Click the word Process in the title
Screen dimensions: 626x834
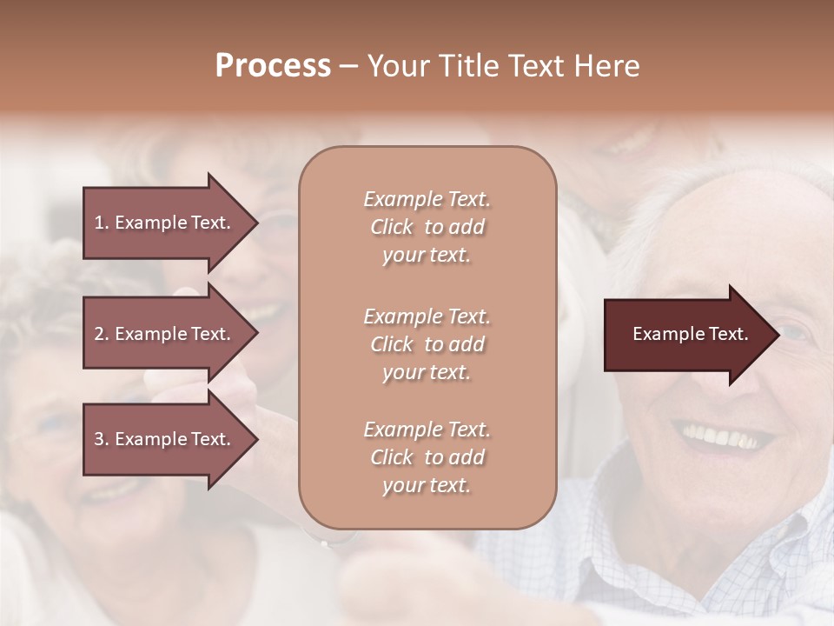[x=273, y=66]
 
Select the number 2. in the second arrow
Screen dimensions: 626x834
[x=102, y=334]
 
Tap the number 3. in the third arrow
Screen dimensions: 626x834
[x=102, y=439]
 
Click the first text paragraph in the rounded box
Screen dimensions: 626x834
[x=427, y=227]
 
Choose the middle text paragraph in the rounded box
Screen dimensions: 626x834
[x=427, y=344]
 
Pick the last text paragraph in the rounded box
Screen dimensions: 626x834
[x=427, y=457]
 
